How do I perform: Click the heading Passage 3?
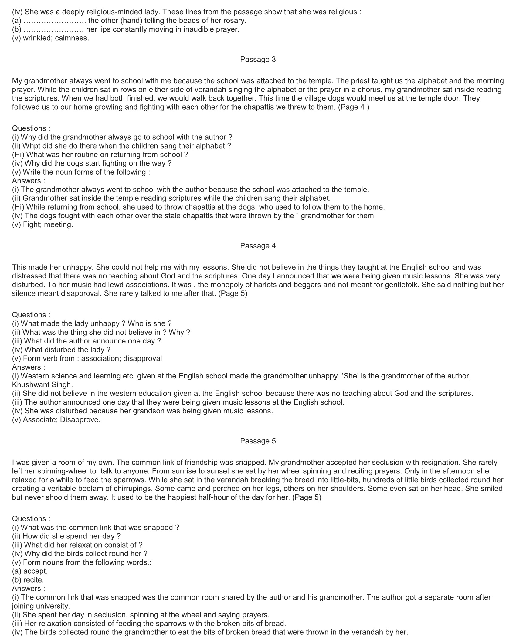pos(258,60)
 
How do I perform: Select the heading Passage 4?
pos(258,246)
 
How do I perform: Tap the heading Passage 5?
pos(258,441)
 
